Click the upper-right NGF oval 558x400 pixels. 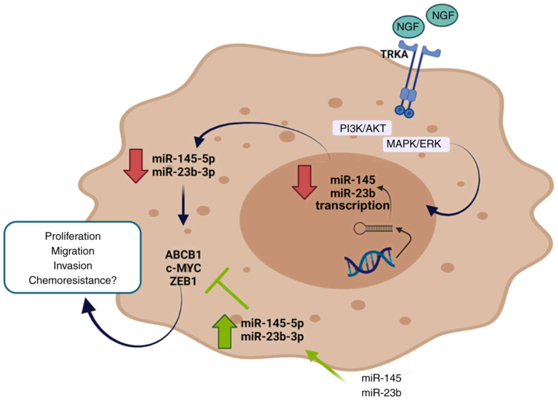coord(442,15)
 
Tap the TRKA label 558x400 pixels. coord(394,54)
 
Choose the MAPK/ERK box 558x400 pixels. coord(414,144)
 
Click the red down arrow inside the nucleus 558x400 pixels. coord(304,182)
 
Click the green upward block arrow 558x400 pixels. coord(224,331)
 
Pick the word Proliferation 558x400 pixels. coord(73,236)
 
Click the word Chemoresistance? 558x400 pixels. coord(73,280)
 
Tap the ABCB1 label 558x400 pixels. coord(183,255)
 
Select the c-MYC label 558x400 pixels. coord(183,268)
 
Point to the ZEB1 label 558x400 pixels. coord(183,281)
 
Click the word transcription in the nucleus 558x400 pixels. coord(352,206)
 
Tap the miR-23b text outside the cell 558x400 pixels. coord(381,393)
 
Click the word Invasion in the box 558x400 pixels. coord(73,266)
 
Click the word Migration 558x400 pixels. coord(73,251)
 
